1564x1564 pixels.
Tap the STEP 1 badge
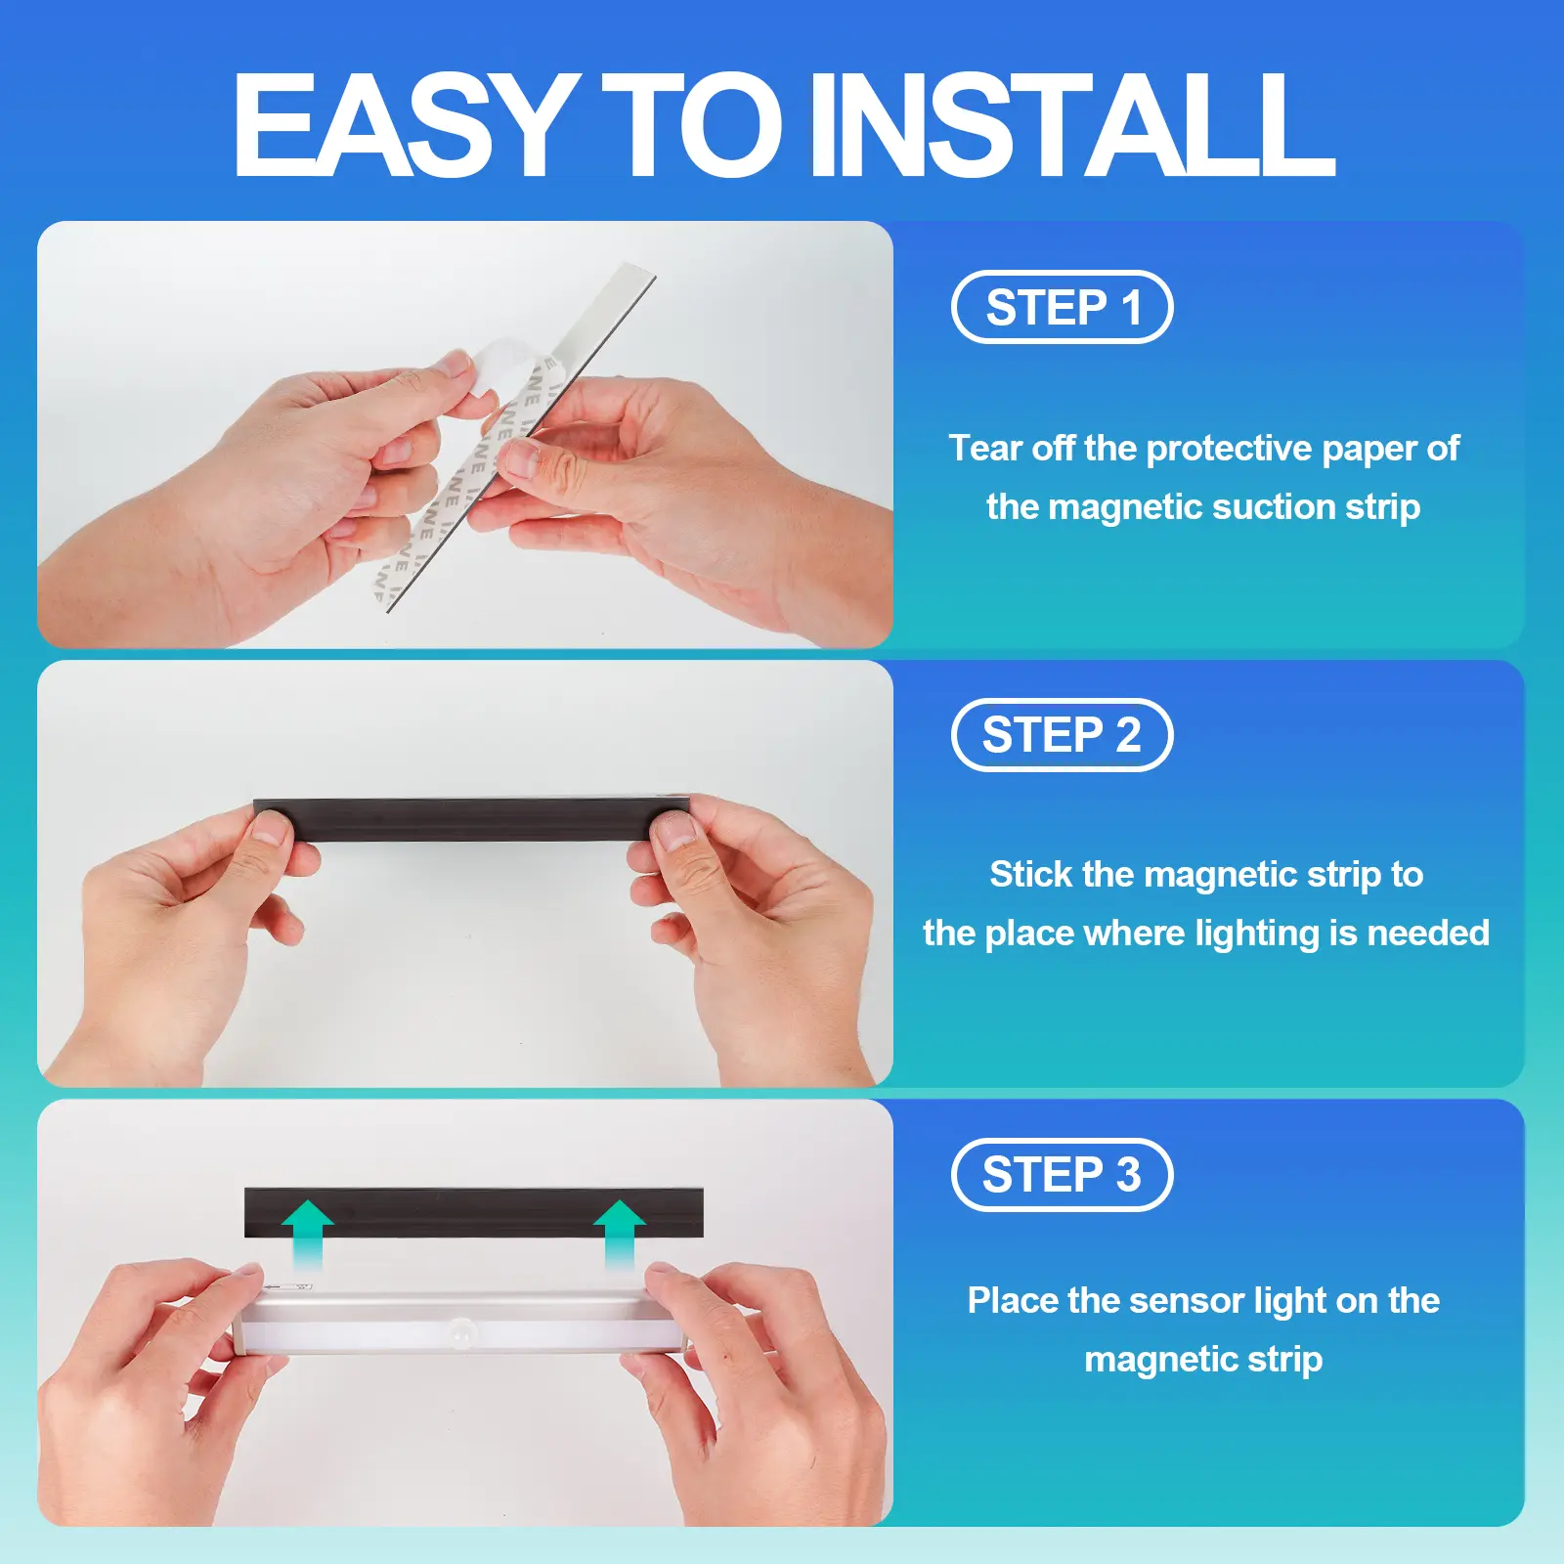click(1063, 307)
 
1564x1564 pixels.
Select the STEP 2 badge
click(1063, 735)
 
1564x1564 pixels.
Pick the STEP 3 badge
click(1063, 1175)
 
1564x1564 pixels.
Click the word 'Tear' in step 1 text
click(985, 448)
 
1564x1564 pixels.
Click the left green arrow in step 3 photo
click(308, 1234)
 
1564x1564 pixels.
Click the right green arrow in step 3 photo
click(620, 1234)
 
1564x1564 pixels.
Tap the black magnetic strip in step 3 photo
click(474, 1213)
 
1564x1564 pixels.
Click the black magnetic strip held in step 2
click(472, 819)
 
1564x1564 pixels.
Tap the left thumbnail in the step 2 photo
click(271, 832)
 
